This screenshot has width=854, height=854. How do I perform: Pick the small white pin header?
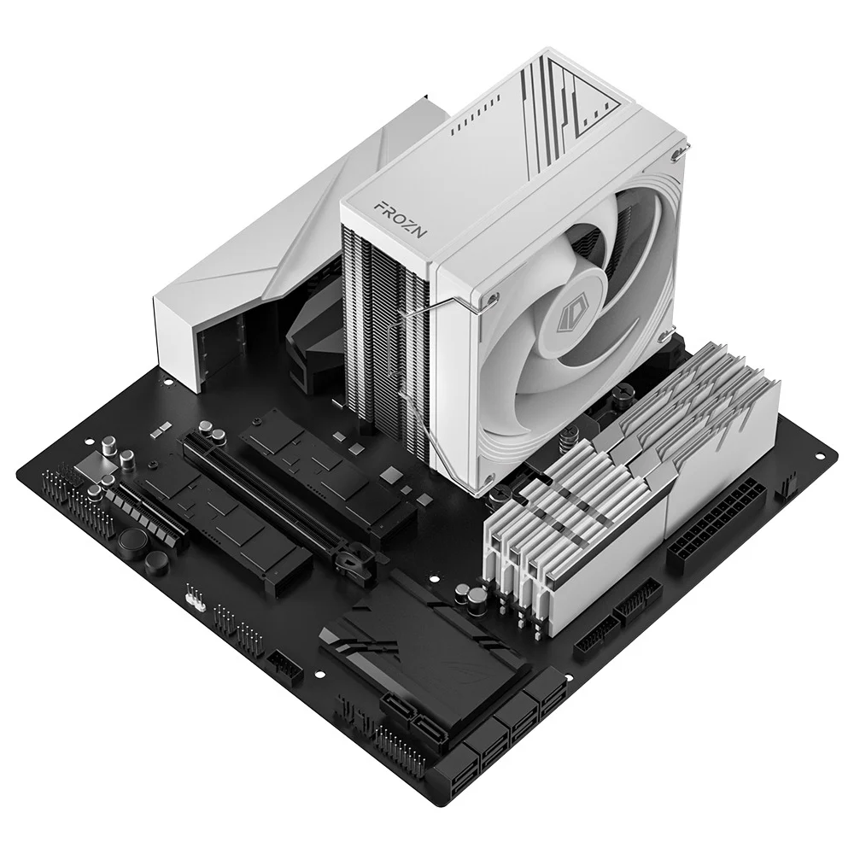(196, 599)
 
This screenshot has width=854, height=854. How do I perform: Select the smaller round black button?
(156, 562)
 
